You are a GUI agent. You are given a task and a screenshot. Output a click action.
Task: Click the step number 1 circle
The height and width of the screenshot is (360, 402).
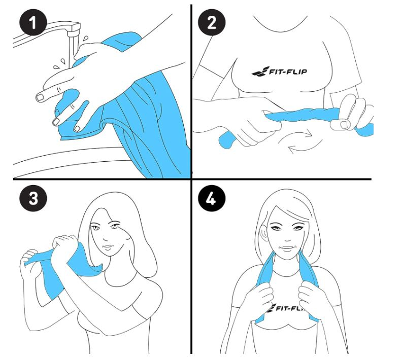point(33,22)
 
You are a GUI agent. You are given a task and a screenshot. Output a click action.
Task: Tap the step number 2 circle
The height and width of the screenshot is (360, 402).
point(212,22)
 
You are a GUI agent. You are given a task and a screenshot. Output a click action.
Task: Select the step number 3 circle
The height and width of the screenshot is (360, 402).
point(33,198)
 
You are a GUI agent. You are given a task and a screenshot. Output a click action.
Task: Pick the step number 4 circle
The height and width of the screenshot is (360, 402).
point(212,198)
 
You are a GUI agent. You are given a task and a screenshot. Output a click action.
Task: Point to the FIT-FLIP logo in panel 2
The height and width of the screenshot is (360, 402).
point(279,71)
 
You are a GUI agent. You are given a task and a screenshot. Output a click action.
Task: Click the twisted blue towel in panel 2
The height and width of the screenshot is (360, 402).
point(303,115)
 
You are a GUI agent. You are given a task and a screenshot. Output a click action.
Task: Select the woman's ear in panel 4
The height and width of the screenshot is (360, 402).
point(263,232)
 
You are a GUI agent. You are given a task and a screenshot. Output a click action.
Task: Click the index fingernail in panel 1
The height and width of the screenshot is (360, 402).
point(40,97)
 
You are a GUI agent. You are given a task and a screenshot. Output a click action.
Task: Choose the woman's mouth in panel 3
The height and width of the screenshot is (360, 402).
point(108,247)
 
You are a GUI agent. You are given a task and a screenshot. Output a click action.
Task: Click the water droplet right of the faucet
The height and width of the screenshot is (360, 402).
point(85,39)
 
